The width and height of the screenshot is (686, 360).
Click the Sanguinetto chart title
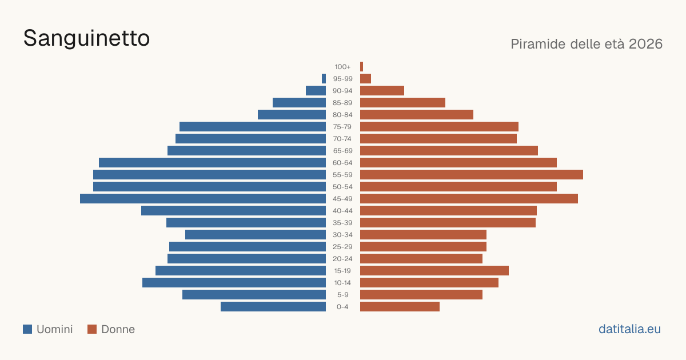[86, 39]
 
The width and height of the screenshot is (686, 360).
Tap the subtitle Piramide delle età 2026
[587, 44]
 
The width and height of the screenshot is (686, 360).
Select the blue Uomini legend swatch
[27, 329]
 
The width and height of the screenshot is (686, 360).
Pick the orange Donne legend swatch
[92, 329]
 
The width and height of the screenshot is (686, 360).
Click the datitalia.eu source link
[629, 329]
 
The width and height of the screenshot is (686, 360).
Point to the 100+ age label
[342, 67]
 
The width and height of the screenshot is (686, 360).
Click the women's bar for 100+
[362, 67]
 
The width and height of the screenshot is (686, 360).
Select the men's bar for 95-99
[324, 79]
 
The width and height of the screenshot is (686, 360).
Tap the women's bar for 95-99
[366, 79]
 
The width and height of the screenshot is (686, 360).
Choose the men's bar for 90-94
[316, 91]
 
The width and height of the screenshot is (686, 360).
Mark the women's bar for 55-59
[472, 174]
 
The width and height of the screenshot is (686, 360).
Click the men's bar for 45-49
[203, 199]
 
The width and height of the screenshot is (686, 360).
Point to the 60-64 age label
[342, 162]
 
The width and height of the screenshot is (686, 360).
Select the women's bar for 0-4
[400, 307]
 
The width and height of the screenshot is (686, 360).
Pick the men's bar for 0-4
[273, 307]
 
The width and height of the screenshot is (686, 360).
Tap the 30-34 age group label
[342, 235]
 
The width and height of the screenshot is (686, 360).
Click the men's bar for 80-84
[292, 115]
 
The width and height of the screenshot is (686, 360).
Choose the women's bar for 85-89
[402, 102]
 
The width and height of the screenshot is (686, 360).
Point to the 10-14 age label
[342, 283]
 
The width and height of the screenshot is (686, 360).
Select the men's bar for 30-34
[256, 235]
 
